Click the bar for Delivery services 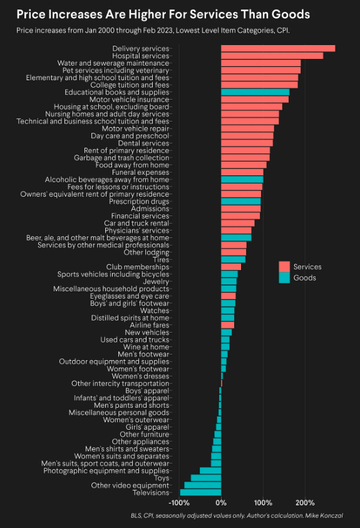point(278,48)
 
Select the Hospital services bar point(272,56)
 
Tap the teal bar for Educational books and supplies point(255,92)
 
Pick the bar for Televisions point(200,493)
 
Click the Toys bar point(206,478)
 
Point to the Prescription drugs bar point(241,202)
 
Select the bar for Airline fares point(227,325)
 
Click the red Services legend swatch point(284,267)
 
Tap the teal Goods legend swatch point(284,277)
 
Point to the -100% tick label point(179,503)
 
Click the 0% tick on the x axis point(221,503)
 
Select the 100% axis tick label point(263,503)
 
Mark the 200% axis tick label point(305,503)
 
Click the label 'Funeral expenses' point(140,172)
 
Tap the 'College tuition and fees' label point(130,85)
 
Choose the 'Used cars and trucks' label point(135,340)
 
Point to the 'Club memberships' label point(137,267)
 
